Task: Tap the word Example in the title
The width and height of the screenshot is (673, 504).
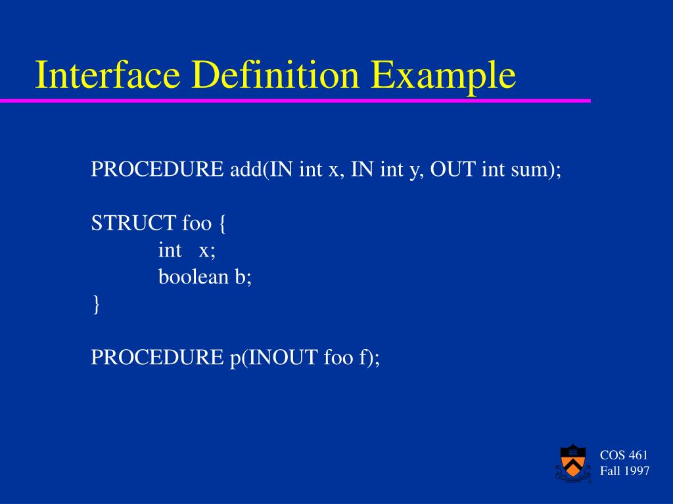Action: (442, 75)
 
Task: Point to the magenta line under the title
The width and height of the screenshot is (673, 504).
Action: (295, 101)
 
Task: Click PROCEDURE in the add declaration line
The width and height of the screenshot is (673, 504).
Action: (157, 170)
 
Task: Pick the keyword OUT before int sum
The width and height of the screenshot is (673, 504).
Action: (453, 170)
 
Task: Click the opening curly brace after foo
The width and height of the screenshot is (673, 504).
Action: (222, 224)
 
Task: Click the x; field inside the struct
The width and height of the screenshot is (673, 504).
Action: (208, 250)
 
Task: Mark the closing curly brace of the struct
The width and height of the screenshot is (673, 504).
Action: (95, 304)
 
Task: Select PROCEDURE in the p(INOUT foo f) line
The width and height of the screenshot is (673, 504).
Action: (157, 357)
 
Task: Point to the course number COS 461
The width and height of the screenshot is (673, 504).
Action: (624, 455)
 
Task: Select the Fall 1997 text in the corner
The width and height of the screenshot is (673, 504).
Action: (624, 471)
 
